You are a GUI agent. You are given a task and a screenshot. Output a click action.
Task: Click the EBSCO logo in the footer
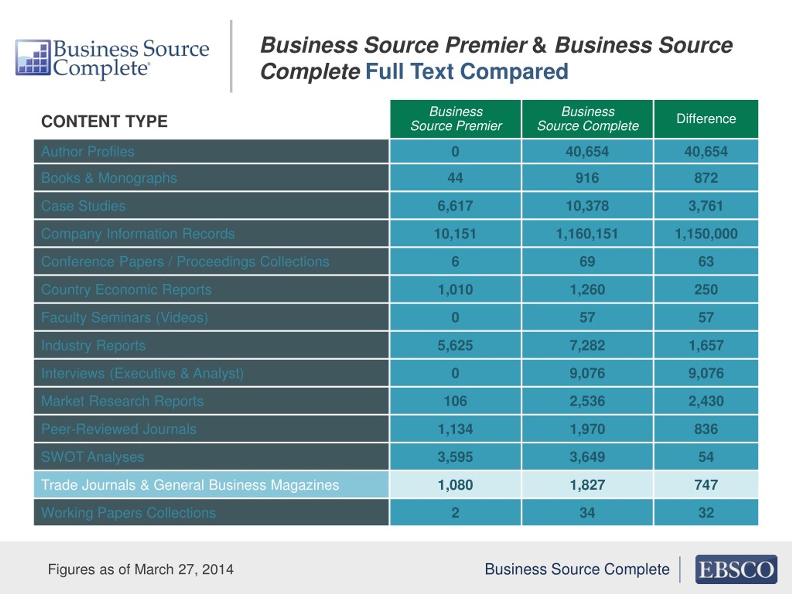coord(736,569)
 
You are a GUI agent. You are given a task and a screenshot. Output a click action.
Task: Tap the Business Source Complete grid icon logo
coord(33,57)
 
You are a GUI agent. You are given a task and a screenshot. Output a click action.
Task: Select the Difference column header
coord(706,118)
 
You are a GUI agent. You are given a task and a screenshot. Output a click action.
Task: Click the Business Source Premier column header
coord(456,118)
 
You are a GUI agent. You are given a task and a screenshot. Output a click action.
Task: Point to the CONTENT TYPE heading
coord(104,121)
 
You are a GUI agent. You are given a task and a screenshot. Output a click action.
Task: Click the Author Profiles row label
coord(88,152)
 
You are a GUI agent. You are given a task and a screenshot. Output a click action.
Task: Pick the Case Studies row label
coord(84,206)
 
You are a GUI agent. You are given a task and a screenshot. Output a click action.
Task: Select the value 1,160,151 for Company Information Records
coord(587,234)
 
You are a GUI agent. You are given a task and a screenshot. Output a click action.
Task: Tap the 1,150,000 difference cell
coord(706,234)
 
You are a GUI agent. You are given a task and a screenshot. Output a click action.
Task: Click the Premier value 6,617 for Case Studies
coord(455,206)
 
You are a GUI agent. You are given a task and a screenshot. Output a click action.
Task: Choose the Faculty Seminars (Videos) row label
coord(125,318)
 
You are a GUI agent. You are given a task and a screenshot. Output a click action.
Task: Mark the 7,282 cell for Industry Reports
coord(587,346)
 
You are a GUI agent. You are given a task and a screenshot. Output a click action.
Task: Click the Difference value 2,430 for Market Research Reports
coord(706,401)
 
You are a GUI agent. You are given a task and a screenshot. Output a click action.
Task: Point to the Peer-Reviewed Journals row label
coord(119,429)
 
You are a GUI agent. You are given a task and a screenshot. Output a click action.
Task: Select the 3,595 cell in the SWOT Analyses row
coord(455,457)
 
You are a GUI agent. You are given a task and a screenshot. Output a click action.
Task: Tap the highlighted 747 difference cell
coord(706,485)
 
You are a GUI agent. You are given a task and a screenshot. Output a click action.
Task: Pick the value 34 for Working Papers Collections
coord(587,513)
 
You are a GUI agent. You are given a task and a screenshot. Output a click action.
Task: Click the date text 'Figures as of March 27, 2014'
coord(141,569)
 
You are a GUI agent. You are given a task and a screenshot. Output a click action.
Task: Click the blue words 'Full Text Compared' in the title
coord(467,71)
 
